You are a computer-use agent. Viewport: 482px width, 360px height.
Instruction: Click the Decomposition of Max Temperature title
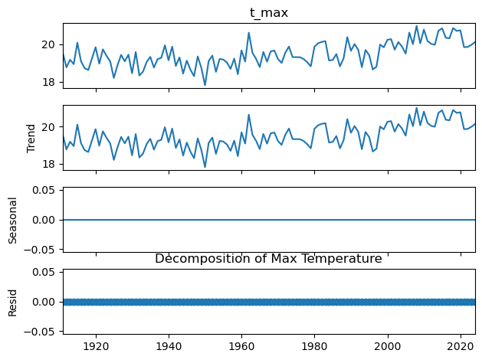268,259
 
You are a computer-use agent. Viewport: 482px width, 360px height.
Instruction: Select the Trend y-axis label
31,137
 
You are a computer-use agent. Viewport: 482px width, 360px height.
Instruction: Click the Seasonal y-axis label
13,219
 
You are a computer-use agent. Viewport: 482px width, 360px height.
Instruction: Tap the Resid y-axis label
13,302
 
